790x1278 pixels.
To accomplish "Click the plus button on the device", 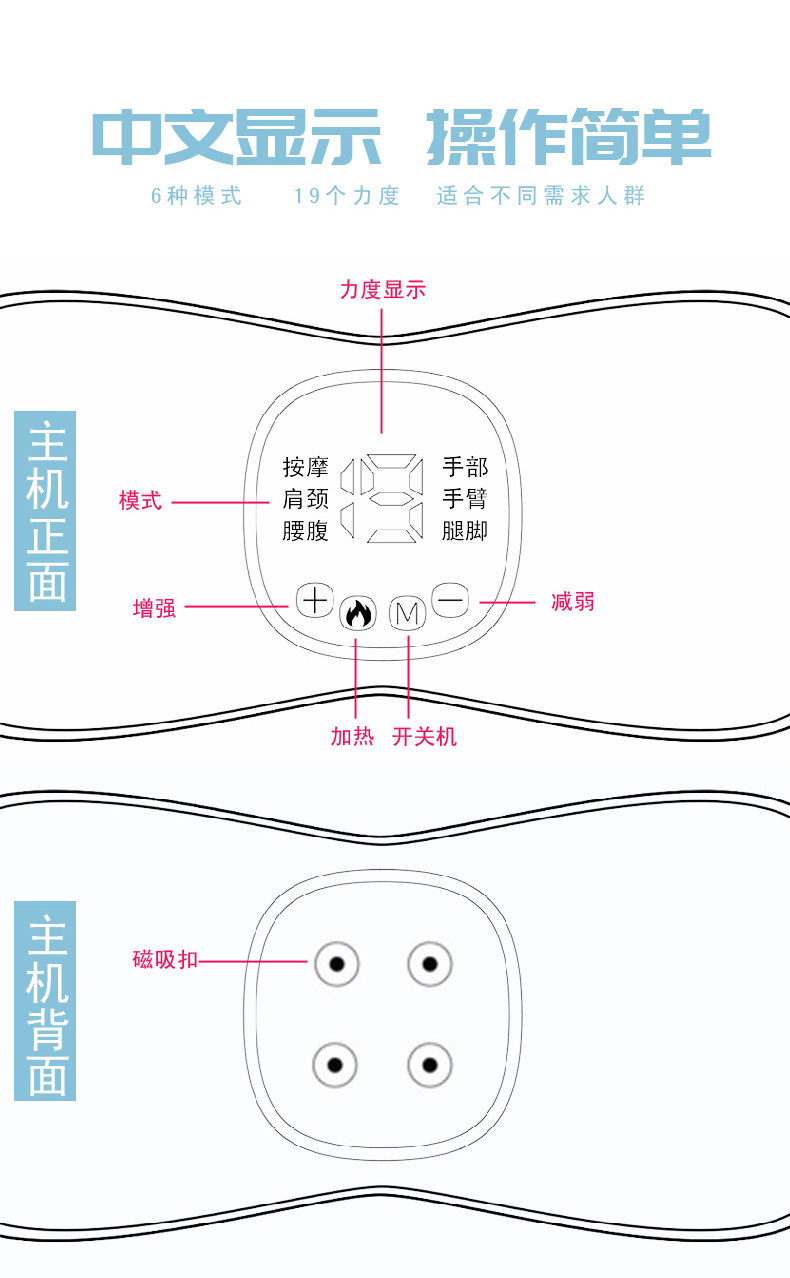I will (314, 600).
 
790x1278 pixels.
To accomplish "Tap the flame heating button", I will (357, 613).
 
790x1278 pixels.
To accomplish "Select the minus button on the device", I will (450, 600).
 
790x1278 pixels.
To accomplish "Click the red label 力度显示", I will (382, 290).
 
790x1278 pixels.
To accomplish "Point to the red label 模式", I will (140, 501).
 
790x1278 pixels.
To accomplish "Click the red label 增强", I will (154, 607).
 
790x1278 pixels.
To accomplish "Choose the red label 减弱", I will (572, 601).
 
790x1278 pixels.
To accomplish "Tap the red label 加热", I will (352, 736).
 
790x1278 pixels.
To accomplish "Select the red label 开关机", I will (424, 736).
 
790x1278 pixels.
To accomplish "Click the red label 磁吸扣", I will (165, 960).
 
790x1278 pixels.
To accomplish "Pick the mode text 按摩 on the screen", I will (305, 467).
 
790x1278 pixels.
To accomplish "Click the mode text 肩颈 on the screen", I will (305, 498).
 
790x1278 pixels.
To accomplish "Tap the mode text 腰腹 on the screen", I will (305, 530).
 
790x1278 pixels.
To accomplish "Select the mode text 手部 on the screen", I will (465, 467).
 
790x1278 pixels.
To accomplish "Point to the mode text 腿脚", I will (465, 530).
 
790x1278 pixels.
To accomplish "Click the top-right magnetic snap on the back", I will (430, 964).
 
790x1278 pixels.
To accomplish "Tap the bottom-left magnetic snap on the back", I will (335, 1064).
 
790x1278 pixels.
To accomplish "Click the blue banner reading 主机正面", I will (46, 510).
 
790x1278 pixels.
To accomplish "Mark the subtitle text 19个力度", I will (346, 196).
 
